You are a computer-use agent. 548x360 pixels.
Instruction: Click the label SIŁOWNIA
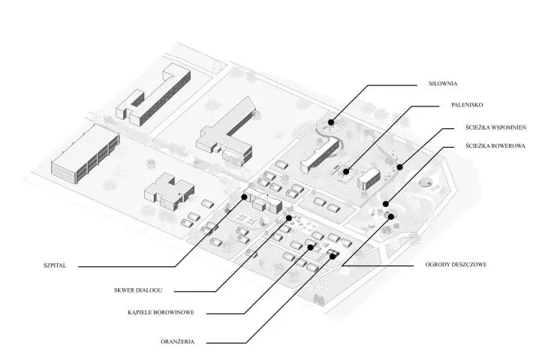(443, 84)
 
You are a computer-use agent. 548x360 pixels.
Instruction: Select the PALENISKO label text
(467, 105)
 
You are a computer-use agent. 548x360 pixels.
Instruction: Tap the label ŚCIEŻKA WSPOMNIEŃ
(495, 127)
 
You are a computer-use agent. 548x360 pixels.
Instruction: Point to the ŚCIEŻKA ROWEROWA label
(495, 145)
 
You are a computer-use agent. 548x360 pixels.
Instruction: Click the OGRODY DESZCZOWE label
(456, 264)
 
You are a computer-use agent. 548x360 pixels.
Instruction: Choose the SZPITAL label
(55, 265)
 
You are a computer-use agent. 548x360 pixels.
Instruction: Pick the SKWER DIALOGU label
(138, 290)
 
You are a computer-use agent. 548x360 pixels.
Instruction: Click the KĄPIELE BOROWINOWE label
(161, 312)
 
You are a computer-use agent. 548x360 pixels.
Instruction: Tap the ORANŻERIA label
(178, 341)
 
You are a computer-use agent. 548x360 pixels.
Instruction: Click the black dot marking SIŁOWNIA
(330, 122)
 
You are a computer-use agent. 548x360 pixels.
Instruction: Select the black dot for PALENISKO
(345, 172)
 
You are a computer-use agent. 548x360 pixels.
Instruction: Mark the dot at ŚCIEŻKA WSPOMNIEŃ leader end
(400, 167)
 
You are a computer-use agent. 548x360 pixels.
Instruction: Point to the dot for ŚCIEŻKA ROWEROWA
(386, 204)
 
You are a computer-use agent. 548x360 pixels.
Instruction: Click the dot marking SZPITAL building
(244, 197)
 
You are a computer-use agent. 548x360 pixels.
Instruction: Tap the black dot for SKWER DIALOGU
(289, 218)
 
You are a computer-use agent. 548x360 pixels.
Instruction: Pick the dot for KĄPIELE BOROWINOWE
(310, 247)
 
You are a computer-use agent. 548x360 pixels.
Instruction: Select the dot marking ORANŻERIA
(333, 256)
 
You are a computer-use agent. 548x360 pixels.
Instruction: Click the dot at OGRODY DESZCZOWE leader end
(391, 217)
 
